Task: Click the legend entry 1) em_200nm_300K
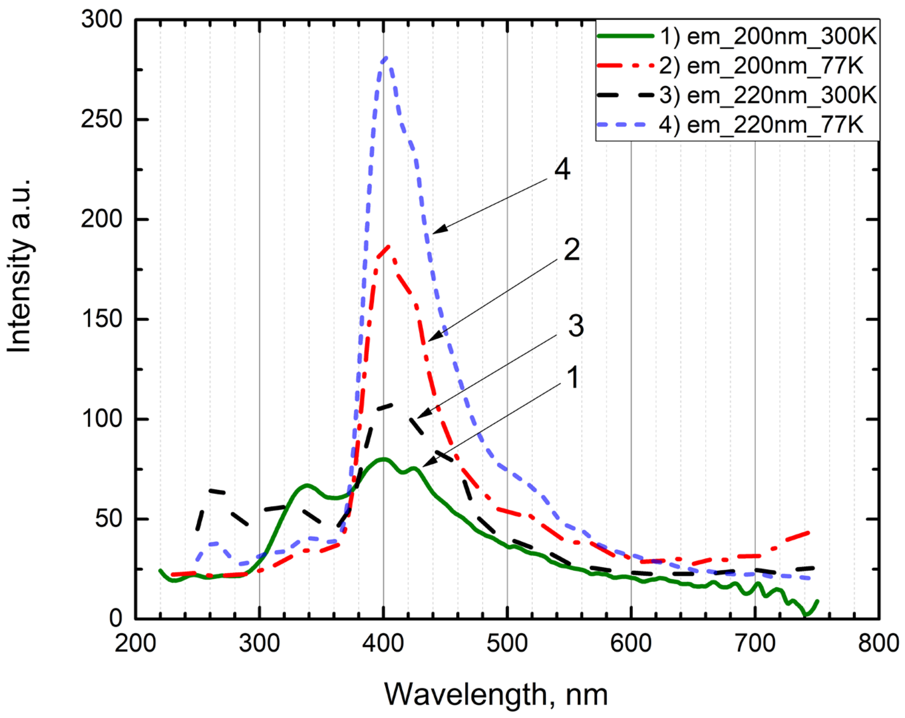768,37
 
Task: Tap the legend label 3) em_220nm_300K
768,96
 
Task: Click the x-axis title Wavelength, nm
496,695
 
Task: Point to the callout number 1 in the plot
573,377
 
